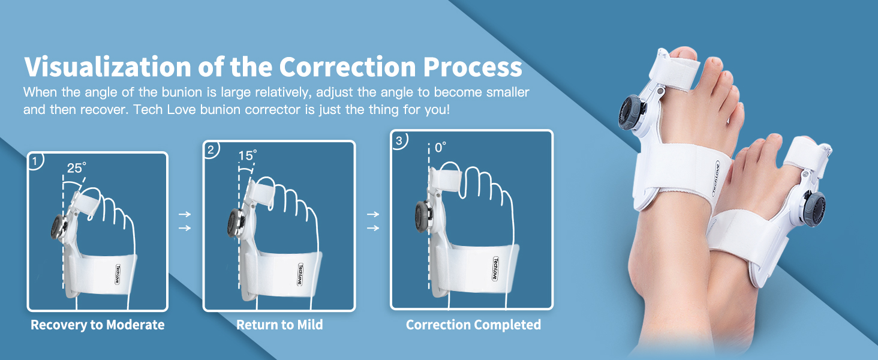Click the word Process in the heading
pyautogui.click(x=473, y=67)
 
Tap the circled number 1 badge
pyautogui.click(x=35, y=161)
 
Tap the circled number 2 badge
pyautogui.click(x=211, y=150)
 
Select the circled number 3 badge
pyautogui.click(x=399, y=140)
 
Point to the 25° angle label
pyautogui.click(x=76, y=168)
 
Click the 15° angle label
pyautogui.click(x=248, y=155)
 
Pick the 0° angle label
pyautogui.click(x=440, y=148)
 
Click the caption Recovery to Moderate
pyautogui.click(x=98, y=325)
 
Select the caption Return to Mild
pyautogui.click(x=279, y=325)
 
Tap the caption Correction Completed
pyautogui.click(x=474, y=325)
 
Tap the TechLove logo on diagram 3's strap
pyautogui.click(x=496, y=269)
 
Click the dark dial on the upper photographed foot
pyautogui.click(x=632, y=113)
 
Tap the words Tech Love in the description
pyautogui.click(x=164, y=109)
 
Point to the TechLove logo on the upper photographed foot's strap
pyautogui.click(x=715, y=178)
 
